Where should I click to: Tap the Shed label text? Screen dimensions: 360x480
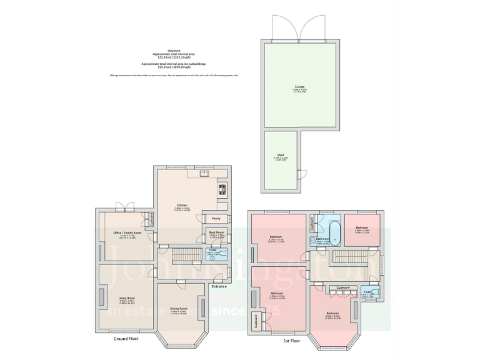(x=281, y=154)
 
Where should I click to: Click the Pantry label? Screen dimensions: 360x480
(x=214, y=219)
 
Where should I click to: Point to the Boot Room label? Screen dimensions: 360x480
(x=216, y=232)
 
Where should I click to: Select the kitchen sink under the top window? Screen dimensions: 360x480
(x=204, y=173)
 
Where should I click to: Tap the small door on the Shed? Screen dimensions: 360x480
(x=299, y=173)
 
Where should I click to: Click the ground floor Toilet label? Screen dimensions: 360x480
(x=212, y=252)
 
